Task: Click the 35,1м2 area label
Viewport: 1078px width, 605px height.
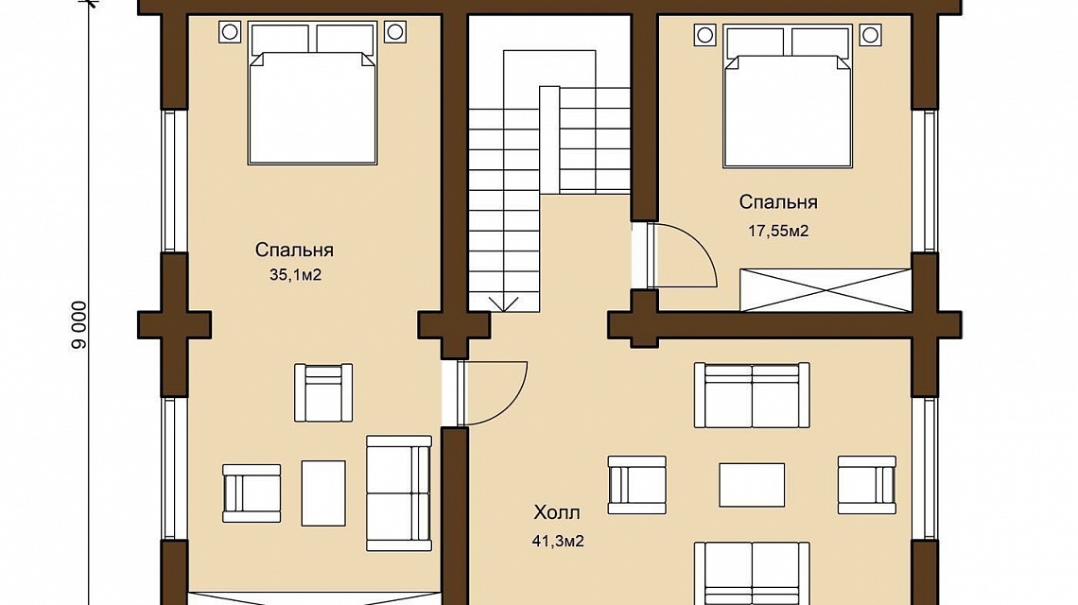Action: [x=296, y=276]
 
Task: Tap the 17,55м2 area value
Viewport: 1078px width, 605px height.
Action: [x=778, y=231]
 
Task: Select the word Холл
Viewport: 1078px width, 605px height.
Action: [x=557, y=513]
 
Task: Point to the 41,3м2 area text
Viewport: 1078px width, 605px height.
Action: [x=558, y=542]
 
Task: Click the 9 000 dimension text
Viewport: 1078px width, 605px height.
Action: [x=79, y=325]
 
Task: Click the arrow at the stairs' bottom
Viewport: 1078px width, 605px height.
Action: [x=504, y=303]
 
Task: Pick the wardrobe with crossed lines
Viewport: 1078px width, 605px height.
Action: [x=826, y=290]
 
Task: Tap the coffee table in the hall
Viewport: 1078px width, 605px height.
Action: [x=752, y=485]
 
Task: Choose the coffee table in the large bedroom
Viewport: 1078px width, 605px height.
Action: [x=323, y=493]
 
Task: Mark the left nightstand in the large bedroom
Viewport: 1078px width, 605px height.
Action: [x=230, y=31]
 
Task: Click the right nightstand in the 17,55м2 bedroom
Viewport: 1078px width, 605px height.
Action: [x=870, y=34]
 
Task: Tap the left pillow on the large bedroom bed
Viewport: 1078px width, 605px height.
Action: [x=280, y=40]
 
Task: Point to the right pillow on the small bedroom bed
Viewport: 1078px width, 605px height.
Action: [x=820, y=43]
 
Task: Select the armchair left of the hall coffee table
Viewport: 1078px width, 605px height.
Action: [x=637, y=485]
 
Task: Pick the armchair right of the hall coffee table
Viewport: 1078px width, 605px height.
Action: [x=867, y=485]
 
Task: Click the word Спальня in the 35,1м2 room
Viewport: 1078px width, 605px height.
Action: [x=294, y=251]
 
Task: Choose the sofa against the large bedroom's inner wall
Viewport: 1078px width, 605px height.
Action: [x=399, y=493]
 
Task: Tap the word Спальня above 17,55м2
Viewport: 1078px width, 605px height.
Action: [x=778, y=202]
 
